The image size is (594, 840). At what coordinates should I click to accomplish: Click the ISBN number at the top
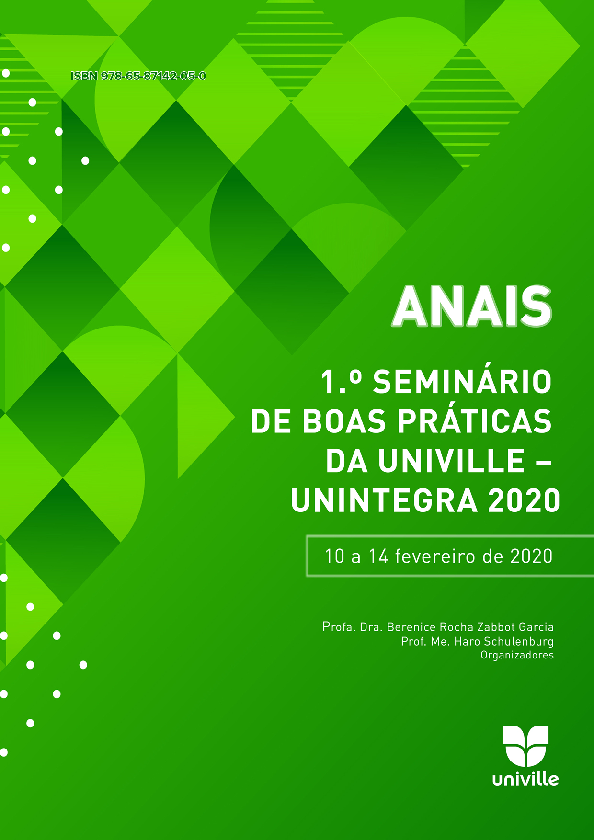click(x=138, y=76)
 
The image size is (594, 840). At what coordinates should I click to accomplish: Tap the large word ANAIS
click(x=472, y=307)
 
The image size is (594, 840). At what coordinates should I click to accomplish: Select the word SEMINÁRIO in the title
click(x=462, y=382)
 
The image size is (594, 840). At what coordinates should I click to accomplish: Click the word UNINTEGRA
click(x=384, y=500)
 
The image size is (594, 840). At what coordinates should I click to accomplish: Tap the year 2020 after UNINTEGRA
click(x=524, y=500)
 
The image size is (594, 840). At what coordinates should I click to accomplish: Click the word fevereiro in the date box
click(x=435, y=556)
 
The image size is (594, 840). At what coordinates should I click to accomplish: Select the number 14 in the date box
click(x=378, y=556)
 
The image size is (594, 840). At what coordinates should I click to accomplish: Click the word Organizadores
click(x=517, y=655)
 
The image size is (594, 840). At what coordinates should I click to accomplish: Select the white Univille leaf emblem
click(x=525, y=746)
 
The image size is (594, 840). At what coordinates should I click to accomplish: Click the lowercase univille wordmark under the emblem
click(x=525, y=780)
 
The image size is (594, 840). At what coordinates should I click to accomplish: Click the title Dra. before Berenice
click(x=371, y=627)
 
